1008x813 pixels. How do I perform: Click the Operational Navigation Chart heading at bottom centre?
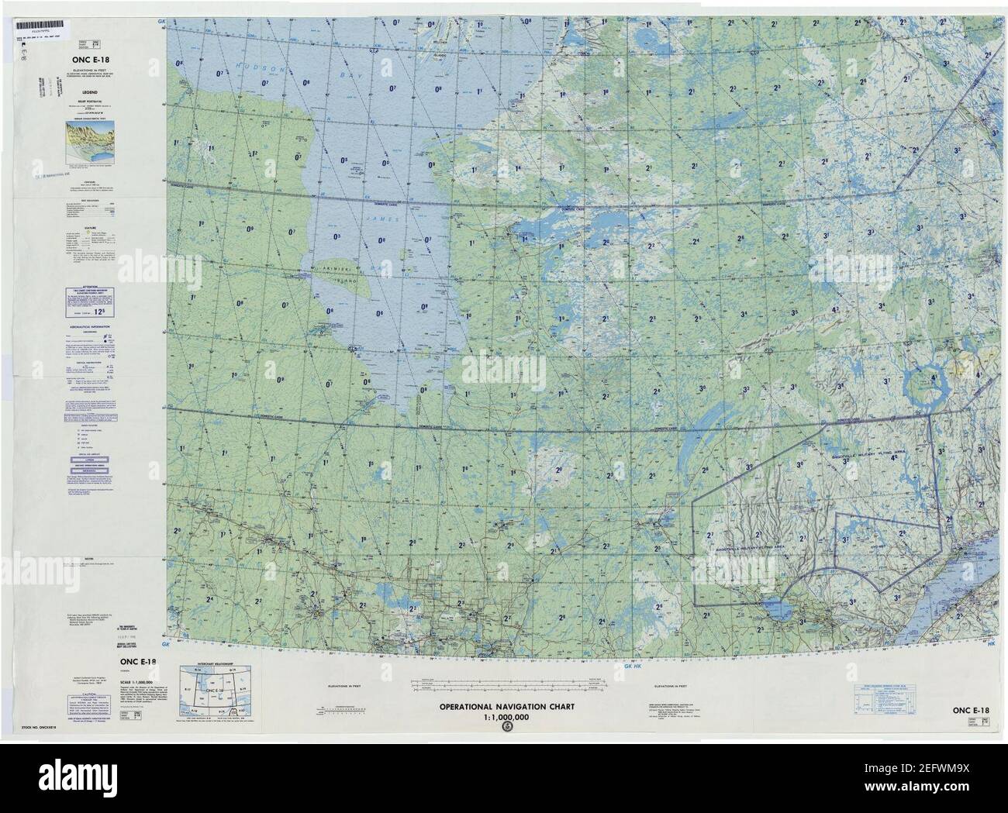coord(506,708)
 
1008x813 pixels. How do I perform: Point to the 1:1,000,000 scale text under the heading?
coord(506,717)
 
